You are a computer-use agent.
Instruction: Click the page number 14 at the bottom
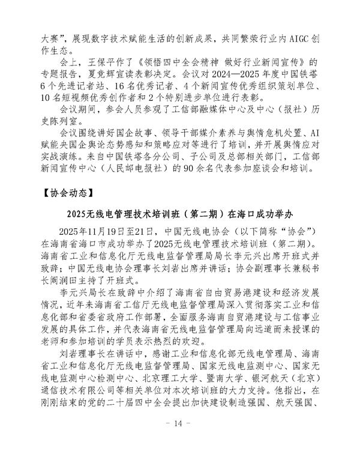pyautogui.click(x=179, y=441)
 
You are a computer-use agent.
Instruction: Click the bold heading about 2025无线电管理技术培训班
pyautogui.click(x=179, y=215)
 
